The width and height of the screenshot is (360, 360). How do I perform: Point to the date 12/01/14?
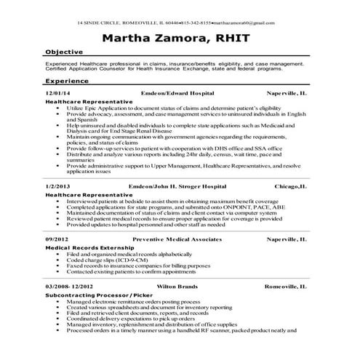(58, 94)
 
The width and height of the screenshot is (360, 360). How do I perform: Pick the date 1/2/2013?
(57, 187)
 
